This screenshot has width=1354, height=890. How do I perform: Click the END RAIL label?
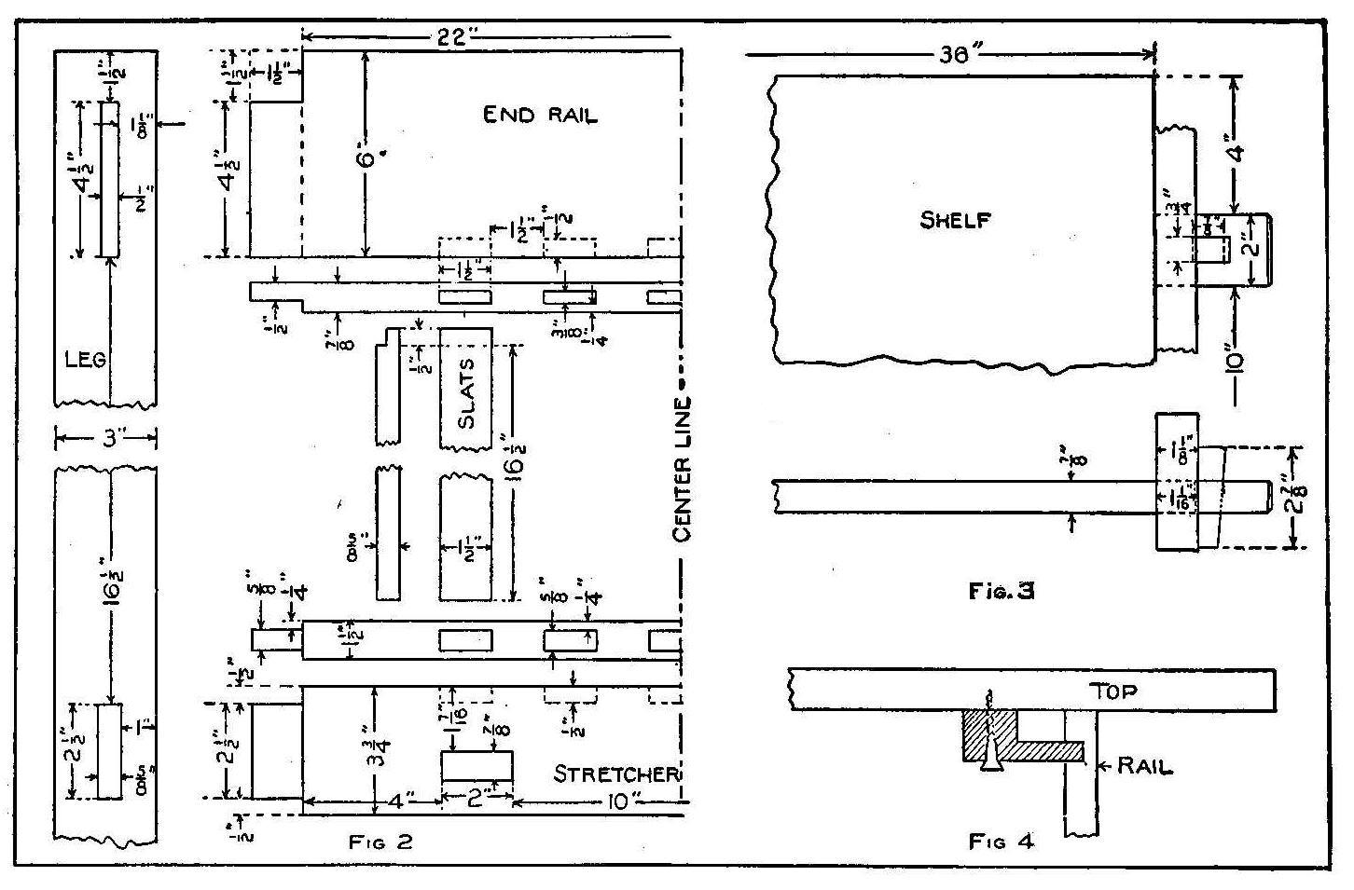(540, 116)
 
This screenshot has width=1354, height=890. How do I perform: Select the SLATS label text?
(467, 393)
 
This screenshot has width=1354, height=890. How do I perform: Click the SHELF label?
(956, 220)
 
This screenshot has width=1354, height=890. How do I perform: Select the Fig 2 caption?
(380, 842)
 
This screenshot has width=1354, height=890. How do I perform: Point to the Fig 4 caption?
(1002, 842)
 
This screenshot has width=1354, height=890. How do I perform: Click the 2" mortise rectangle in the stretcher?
(476, 765)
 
